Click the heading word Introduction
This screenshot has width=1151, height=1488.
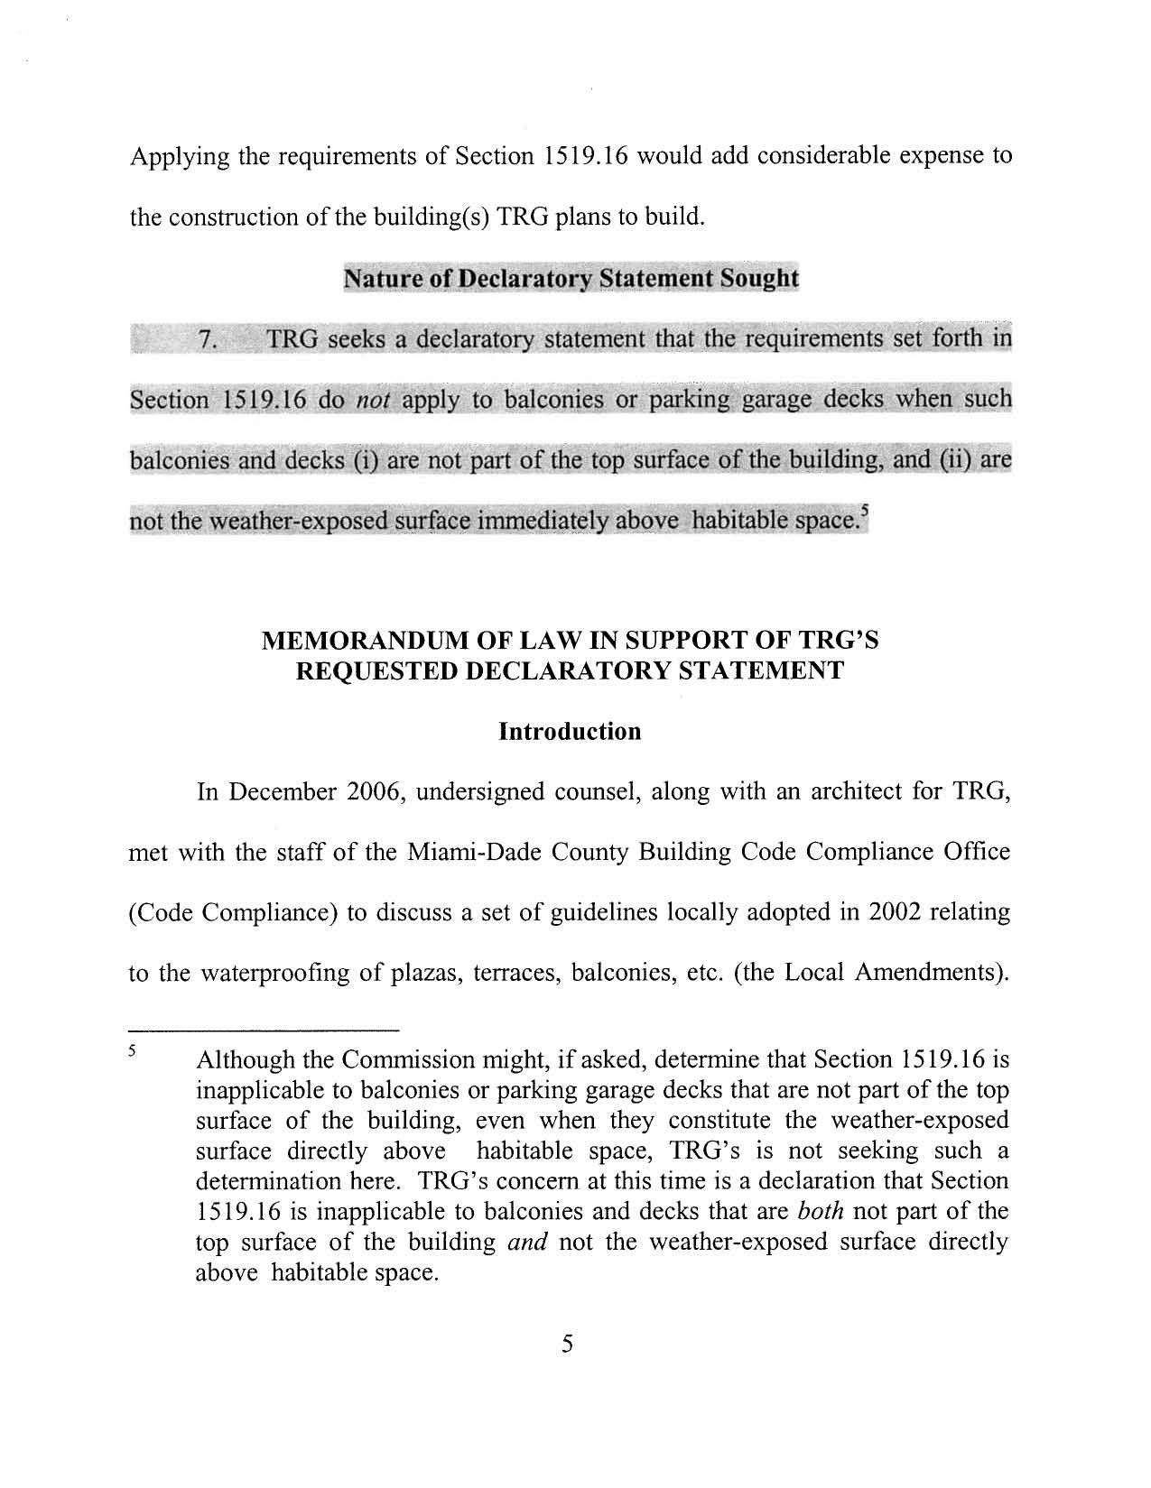[x=570, y=731]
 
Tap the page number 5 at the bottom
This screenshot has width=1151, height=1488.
[x=567, y=1344]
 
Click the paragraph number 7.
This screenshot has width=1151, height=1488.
[x=207, y=340]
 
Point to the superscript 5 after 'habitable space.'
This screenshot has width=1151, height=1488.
[x=864, y=514]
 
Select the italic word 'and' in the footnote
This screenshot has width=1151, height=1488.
[x=527, y=1242]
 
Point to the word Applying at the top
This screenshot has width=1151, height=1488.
[x=181, y=157]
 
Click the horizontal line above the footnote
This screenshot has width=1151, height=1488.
[x=264, y=1030]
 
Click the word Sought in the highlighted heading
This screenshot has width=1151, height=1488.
[x=758, y=278]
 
